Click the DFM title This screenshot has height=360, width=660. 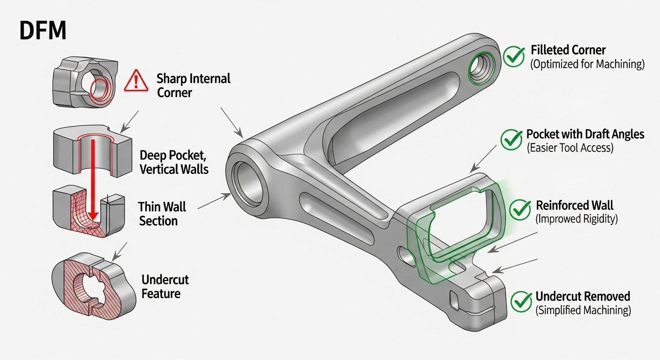pyautogui.click(x=42, y=31)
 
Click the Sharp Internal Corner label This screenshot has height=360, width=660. pyautogui.click(x=194, y=85)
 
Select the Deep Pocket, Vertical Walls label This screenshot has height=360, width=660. pyautogui.click(x=174, y=162)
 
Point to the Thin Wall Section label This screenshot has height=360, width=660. pyautogui.click(x=162, y=213)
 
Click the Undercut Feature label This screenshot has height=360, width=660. pyautogui.click(x=165, y=287)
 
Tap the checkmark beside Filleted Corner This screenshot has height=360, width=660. pyautogui.click(x=514, y=57)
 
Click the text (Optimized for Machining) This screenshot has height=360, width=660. pyautogui.click(x=587, y=65)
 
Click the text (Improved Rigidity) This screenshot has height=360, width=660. pyautogui.click(x=577, y=219)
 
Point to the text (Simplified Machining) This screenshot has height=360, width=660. pyautogui.click(x=583, y=310)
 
